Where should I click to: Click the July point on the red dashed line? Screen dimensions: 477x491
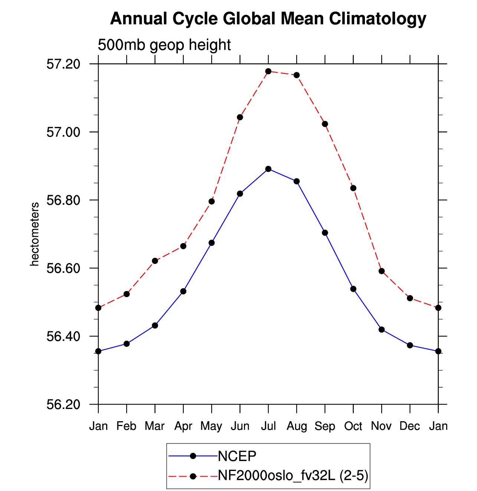pos(268,71)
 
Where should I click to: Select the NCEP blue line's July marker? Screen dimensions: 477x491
pos(268,169)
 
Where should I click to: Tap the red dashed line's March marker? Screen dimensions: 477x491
pos(155,261)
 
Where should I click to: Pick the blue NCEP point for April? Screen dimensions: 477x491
pos(183,291)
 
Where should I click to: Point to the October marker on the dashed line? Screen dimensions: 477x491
pos(353,188)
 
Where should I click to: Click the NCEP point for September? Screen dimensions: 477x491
pos(325,233)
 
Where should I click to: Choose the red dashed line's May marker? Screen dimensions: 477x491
pos(212,202)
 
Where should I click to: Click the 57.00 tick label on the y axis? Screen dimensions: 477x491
pos(63,132)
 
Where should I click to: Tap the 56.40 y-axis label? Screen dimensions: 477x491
pos(63,337)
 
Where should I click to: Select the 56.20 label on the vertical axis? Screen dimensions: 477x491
pos(63,405)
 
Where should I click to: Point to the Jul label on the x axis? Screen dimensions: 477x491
pos(268,426)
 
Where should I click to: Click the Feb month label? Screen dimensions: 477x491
pos(126,426)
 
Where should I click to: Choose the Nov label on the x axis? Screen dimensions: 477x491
pos(381,426)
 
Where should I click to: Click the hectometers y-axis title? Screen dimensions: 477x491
pos(34,234)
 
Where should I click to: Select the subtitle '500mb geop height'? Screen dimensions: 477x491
pos(164,45)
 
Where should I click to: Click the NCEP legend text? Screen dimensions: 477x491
pos(237,456)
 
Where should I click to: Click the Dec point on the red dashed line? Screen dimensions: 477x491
pos(410,298)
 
